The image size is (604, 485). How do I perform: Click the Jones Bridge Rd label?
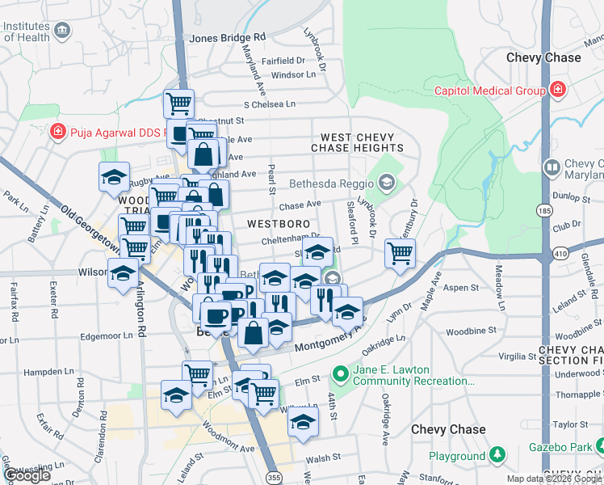(x=227, y=37)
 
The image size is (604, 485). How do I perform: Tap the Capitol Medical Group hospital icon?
(x=557, y=90)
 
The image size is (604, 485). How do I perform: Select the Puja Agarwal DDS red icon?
(x=57, y=131)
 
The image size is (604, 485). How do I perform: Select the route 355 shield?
(x=275, y=467)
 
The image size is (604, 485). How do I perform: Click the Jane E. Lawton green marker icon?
(x=340, y=374)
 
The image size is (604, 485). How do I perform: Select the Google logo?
(x=26, y=475)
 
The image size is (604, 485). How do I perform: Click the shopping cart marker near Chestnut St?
(x=178, y=103)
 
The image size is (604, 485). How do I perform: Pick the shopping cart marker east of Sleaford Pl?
(x=400, y=253)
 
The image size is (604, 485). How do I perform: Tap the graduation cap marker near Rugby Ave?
(x=115, y=177)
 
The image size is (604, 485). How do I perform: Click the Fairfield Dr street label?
(x=283, y=60)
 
